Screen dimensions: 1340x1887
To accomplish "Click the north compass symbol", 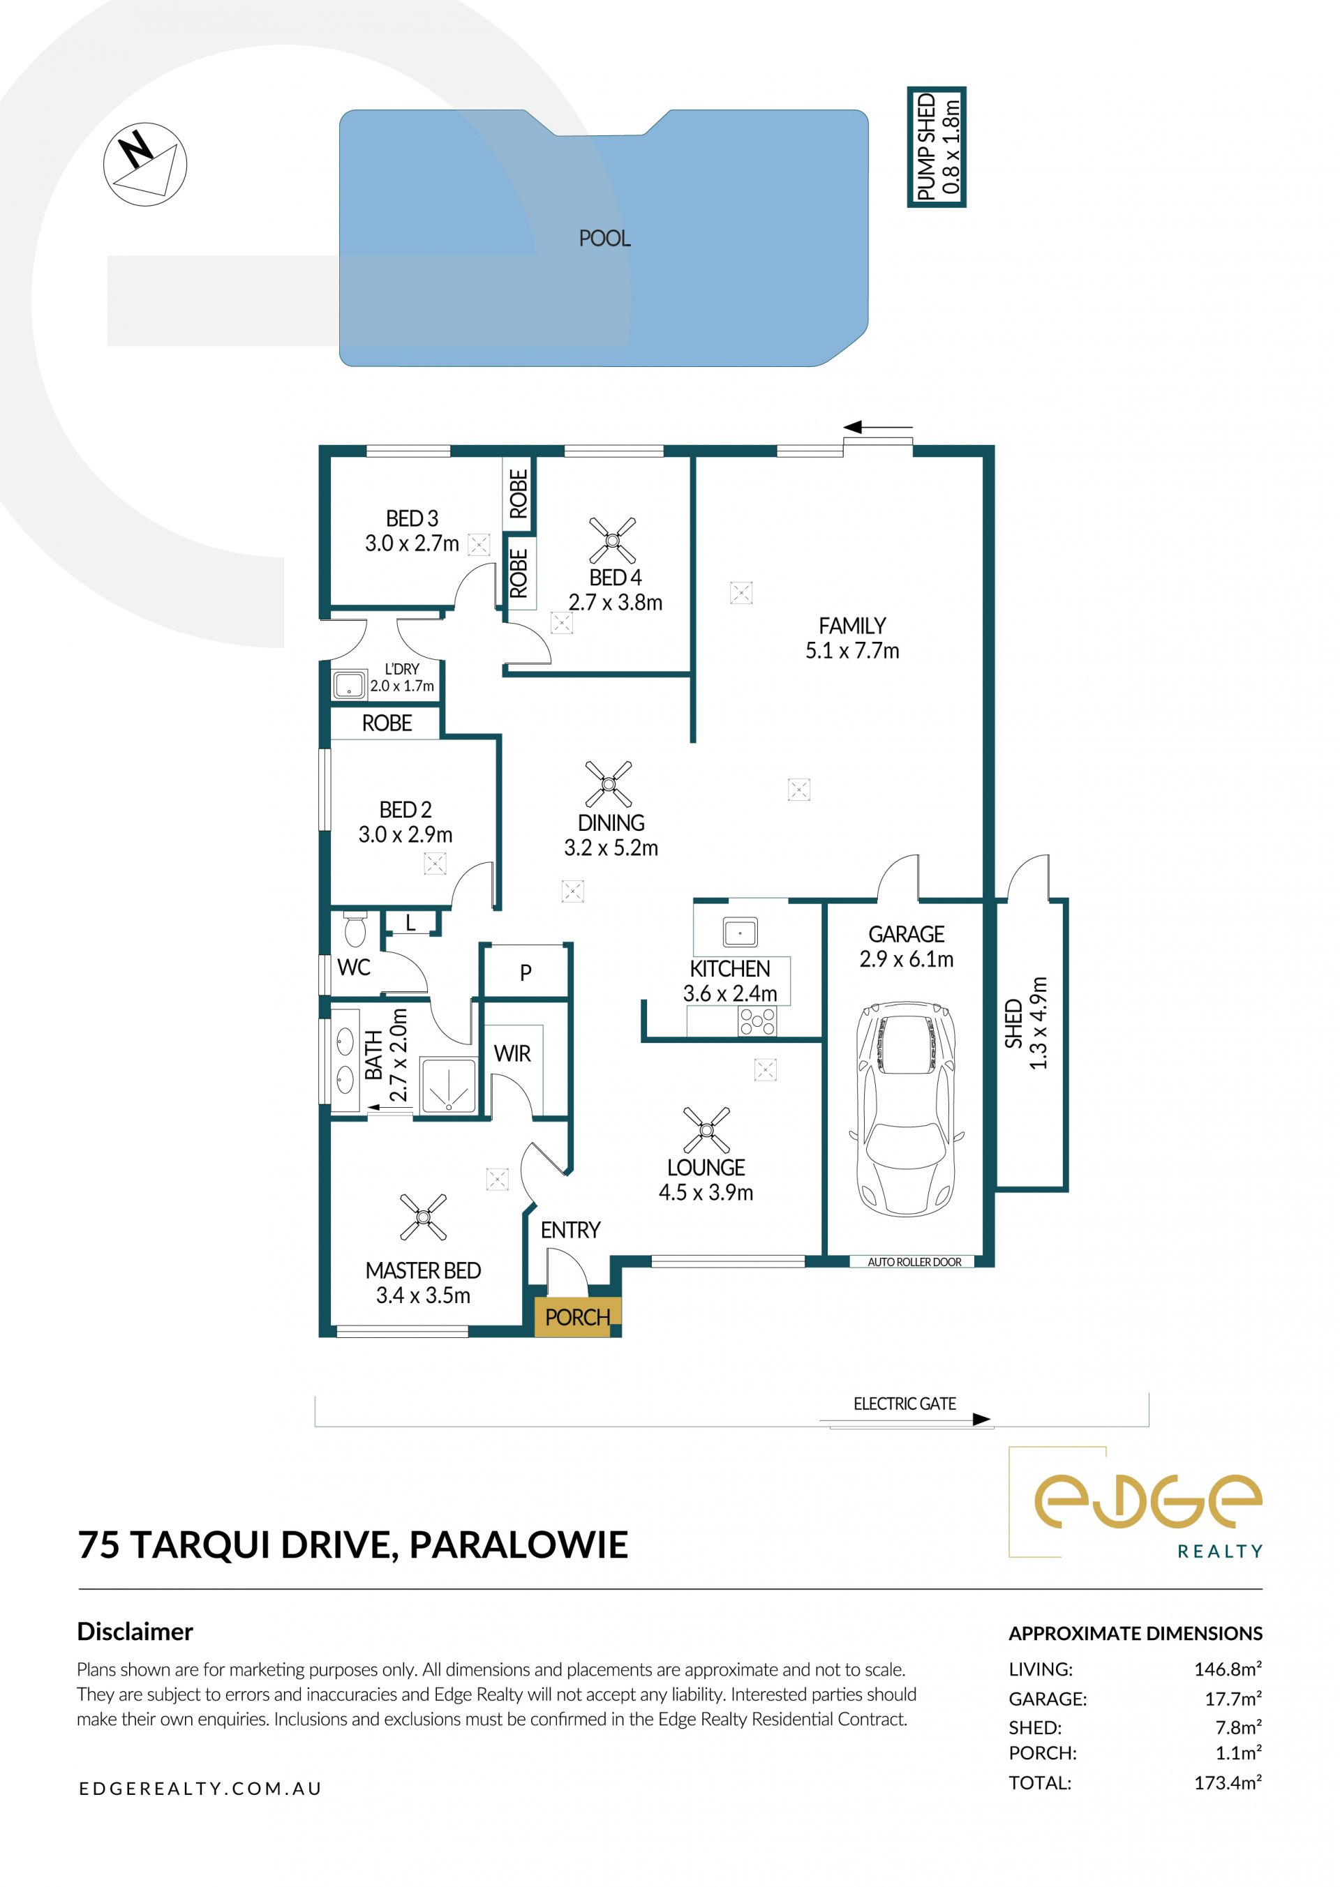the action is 145,164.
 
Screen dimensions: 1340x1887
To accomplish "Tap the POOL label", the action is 605,239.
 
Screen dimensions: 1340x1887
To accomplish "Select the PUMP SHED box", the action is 937,146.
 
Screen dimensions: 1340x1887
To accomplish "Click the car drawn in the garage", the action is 906,1109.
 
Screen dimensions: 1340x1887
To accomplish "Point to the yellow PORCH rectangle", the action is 578,1317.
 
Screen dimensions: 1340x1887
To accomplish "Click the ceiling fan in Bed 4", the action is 612,540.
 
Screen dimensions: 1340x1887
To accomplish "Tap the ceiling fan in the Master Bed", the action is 424,1217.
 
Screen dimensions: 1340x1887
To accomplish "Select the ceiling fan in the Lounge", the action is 706,1130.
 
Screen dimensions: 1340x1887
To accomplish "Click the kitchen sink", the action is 740,933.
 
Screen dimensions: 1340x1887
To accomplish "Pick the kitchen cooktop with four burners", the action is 757,1022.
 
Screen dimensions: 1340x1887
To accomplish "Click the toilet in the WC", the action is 355,929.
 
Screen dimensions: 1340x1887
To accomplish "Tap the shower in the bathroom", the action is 449,1085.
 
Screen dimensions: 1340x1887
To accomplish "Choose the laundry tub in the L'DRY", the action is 349,684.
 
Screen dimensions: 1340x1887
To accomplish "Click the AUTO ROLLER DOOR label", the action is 914,1262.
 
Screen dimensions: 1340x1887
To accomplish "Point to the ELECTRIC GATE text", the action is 904,1404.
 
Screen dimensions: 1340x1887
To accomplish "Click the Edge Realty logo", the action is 1136,1503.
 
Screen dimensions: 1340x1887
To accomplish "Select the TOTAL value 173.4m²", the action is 1228,1782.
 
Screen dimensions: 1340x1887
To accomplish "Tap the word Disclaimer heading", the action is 135,1632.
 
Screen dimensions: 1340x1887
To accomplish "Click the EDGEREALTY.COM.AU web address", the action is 200,1788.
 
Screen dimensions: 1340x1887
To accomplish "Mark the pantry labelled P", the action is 526,972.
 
